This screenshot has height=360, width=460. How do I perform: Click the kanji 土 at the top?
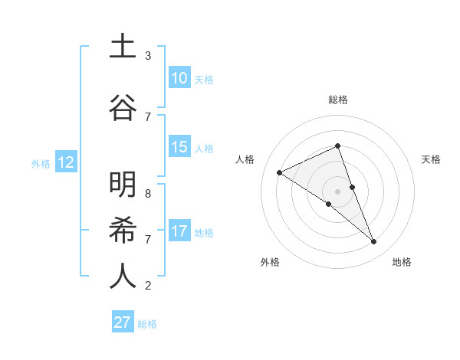[123, 47]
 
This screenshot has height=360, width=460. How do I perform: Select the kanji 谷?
[123, 107]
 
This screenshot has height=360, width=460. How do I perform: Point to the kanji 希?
[123, 230]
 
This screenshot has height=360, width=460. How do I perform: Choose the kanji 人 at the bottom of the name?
[123, 276]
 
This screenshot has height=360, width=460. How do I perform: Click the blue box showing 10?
[179, 78]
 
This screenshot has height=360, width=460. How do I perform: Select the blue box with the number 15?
[179, 147]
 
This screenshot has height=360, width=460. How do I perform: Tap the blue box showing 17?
[179, 231]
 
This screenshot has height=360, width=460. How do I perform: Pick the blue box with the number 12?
[66, 162]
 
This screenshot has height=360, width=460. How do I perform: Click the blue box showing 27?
[123, 322]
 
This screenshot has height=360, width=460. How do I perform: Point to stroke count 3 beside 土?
[148, 56]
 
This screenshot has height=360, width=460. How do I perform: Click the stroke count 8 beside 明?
[148, 194]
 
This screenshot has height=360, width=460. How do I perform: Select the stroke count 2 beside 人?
[148, 286]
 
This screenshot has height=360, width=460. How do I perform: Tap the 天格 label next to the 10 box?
[204, 80]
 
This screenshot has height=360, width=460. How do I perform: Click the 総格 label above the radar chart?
[338, 100]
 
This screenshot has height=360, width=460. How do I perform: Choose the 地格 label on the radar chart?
[402, 262]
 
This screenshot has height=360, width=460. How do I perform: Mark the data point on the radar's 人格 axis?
[280, 173]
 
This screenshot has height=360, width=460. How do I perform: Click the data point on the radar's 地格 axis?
[374, 242]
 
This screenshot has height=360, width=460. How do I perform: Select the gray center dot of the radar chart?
[338, 191]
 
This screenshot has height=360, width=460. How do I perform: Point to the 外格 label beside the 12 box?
[41, 164]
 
